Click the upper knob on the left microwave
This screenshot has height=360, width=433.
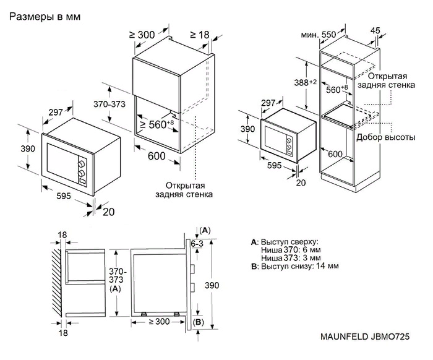click(81, 164)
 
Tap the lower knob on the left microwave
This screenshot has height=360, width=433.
click(81, 174)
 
